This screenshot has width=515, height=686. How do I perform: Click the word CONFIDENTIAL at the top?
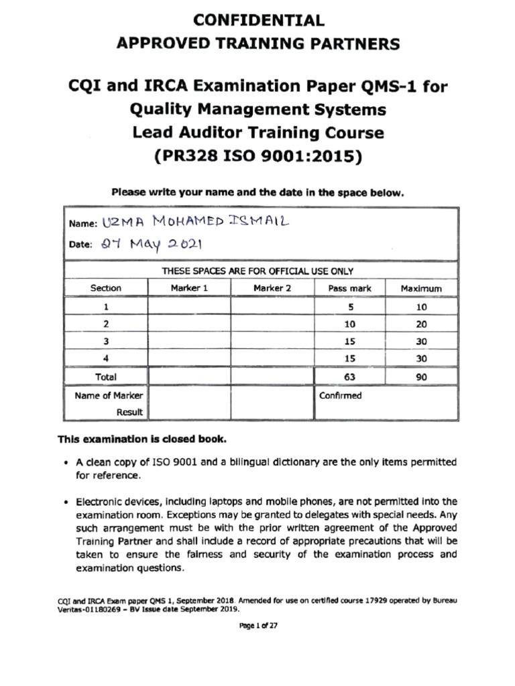258,19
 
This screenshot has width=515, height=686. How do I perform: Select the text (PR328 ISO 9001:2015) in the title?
258,157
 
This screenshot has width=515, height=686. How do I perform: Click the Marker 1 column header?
189,288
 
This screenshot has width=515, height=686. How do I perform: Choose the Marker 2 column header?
272,288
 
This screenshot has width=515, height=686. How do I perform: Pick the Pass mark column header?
349,288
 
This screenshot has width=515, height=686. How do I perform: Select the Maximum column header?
421,288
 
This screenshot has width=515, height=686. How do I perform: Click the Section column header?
106,288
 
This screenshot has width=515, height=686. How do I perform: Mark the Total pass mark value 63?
349,377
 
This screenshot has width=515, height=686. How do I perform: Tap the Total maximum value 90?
421,377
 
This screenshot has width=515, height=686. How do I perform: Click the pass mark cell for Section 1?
349,306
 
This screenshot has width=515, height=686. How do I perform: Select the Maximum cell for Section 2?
421,324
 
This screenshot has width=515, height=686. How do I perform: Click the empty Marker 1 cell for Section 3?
189,341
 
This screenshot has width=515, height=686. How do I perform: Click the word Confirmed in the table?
339,395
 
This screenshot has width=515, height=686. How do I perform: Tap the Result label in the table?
129,412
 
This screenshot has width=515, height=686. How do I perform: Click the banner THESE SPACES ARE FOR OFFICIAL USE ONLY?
258,271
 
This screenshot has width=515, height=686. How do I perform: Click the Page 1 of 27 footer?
258,625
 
